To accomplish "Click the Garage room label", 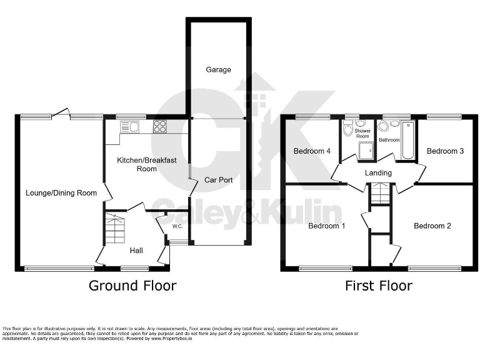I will click(218, 70).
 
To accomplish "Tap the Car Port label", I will click(219, 180).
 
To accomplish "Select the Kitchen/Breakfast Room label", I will click(137, 164).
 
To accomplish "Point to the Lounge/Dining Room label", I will click(61, 193).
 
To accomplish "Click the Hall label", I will click(136, 251).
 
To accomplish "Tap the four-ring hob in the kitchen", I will click(160, 126).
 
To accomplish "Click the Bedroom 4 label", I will click(312, 151).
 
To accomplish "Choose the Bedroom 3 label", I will click(445, 151).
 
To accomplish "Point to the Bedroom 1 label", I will click(327, 226).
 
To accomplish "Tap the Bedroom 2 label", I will click(432, 226).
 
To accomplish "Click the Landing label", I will click(378, 173).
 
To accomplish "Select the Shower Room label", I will click(362, 133).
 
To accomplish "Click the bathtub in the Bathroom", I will click(409, 141).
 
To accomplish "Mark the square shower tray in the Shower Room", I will click(365, 151).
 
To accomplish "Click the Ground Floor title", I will click(132, 286).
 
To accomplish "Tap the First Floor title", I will click(379, 286).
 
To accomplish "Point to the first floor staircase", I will click(379, 194).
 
